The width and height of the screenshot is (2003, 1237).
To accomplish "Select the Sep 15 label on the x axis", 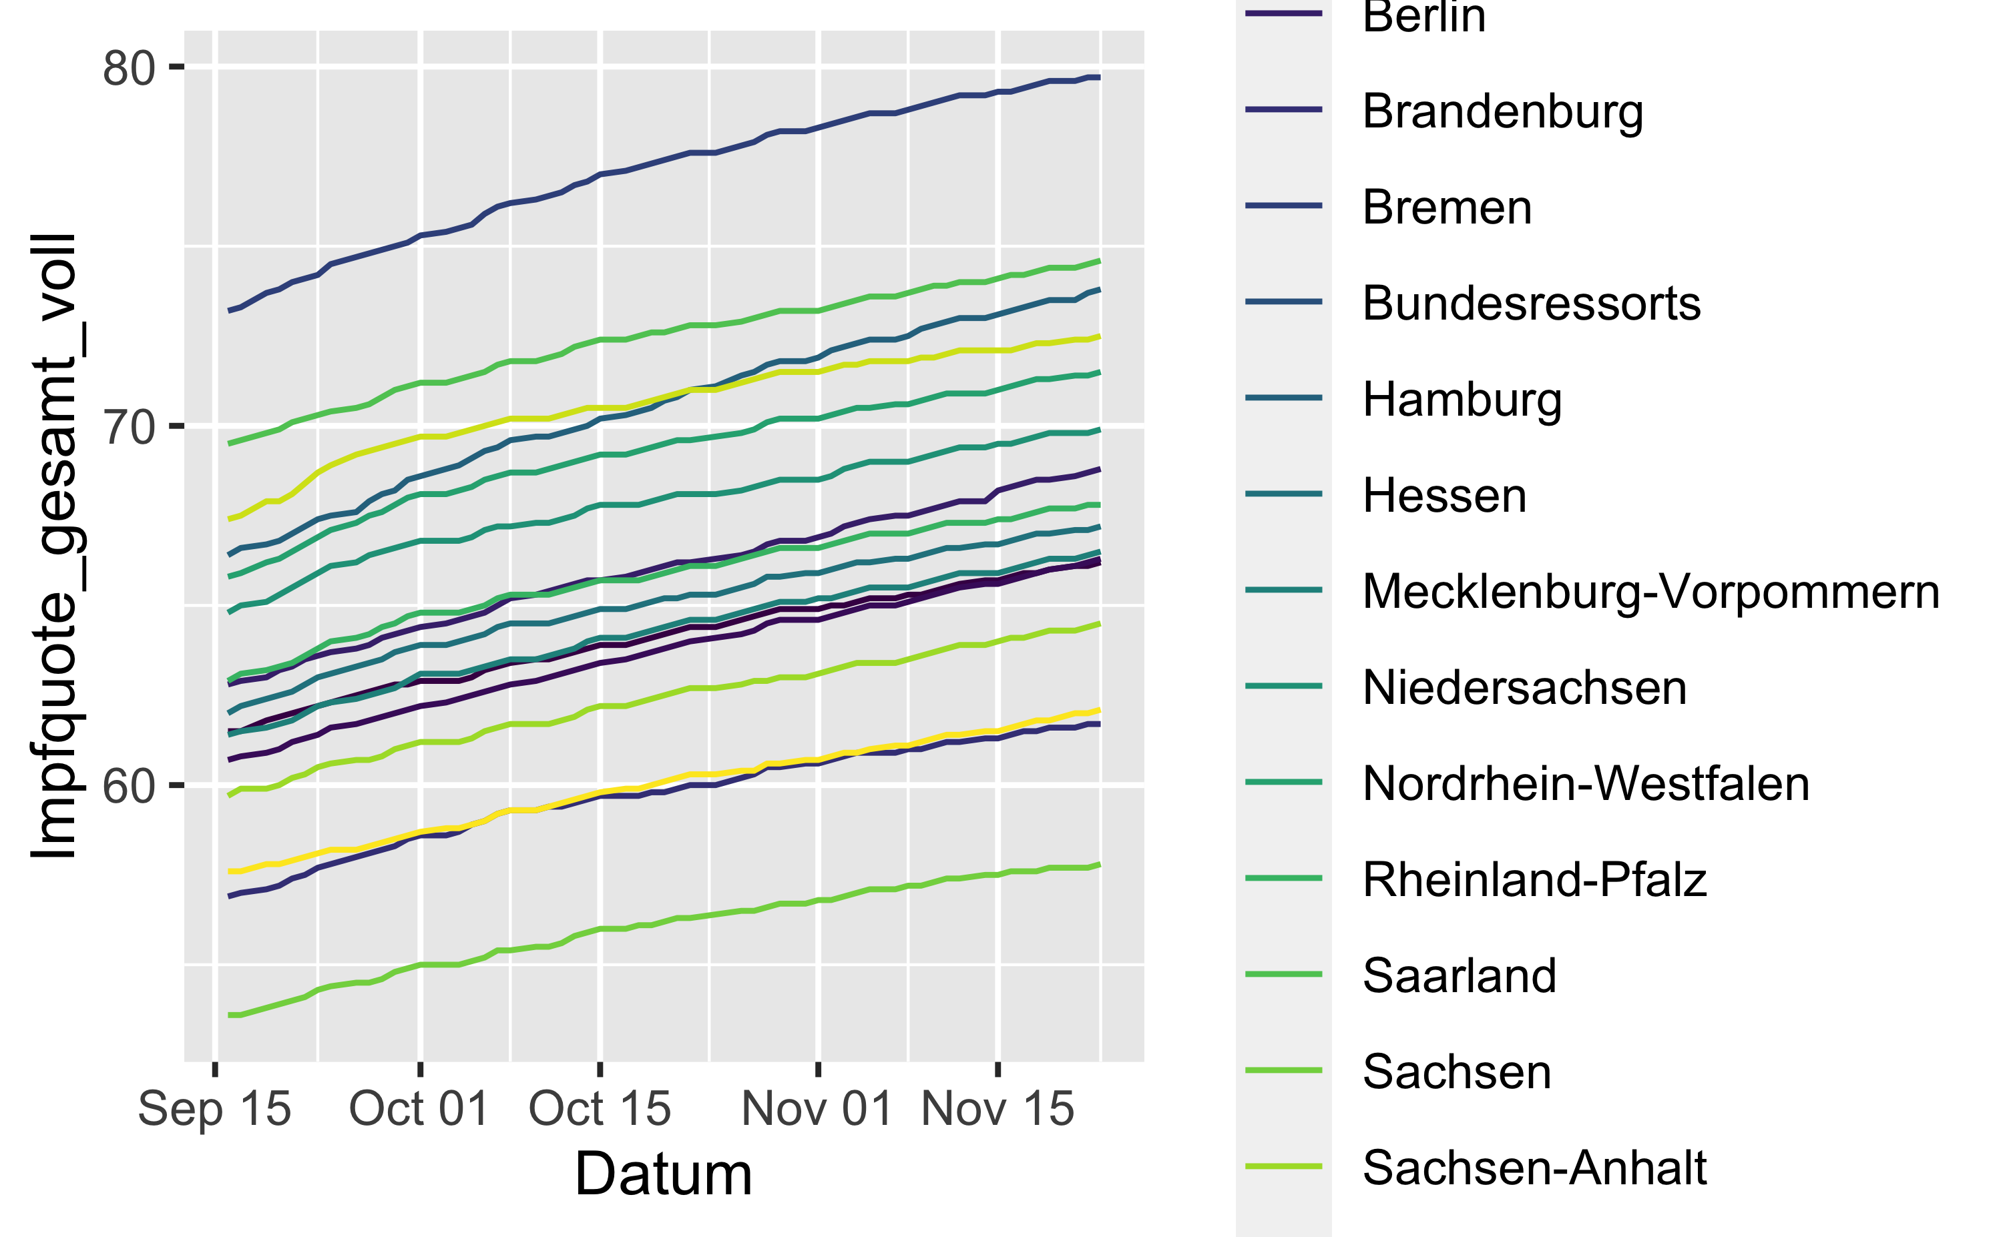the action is tap(214, 1110).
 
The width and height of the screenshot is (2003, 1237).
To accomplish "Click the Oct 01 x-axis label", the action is tap(419, 1110).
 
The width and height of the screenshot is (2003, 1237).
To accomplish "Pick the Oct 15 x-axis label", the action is tap(600, 1110).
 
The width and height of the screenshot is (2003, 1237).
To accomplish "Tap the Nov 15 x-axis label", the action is tap(997, 1110).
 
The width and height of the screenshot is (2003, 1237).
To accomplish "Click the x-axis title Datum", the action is tap(663, 1174).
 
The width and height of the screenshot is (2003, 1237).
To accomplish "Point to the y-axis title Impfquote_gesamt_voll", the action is tap(54, 546).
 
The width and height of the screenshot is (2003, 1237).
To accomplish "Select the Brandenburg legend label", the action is tap(1503, 113).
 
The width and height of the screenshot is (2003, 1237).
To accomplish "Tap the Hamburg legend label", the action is tap(1463, 401).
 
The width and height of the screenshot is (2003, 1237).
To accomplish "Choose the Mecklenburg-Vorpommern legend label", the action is tap(1651, 592).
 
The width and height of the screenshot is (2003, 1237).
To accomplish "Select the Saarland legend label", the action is tap(1460, 975).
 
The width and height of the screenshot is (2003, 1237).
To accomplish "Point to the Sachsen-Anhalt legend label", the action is tap(1535, 1168).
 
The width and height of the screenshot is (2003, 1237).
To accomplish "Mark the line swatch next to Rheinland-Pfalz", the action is tap(1283, 878).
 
